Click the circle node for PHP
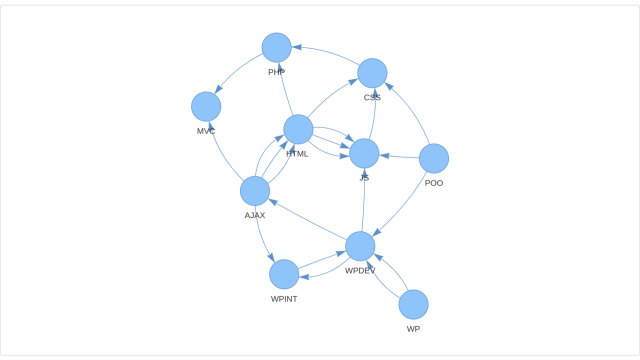tap(276, 47)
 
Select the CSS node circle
tap(372, 73)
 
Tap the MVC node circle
tap(206, 106)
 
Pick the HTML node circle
tap(298, 129)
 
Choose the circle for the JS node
tap(364, 153)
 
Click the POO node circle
tap(434, 158)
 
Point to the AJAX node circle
tap(255, 191)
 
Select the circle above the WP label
tap(413, 304)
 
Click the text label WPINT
tap(284, 299)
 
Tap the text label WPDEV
tap(360, 271)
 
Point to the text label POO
tap(433, 183)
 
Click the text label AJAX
tap(255, 215)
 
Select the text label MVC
tap(206, 131)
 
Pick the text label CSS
tap(372, 97)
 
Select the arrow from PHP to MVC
tap(236, 69)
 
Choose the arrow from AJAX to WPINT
tap(261, 235)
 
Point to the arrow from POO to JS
tap(399, 156)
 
